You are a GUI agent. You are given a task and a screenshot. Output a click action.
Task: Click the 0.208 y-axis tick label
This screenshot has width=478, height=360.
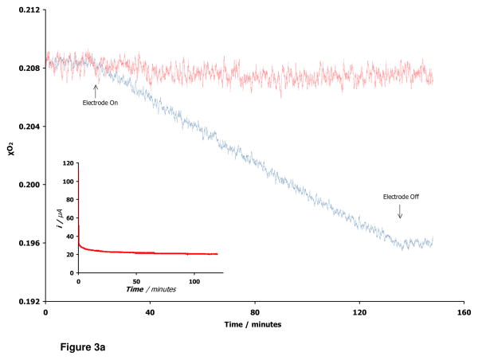point(28,68)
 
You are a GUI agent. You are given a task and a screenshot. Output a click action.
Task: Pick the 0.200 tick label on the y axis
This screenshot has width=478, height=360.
point(28,185)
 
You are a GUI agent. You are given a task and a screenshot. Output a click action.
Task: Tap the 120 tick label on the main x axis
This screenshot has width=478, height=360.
point(358,313)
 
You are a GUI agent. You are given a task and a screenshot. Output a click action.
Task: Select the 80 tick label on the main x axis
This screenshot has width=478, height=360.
point(255,313)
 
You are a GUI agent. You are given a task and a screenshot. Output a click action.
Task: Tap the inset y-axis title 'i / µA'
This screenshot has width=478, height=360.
point(61,217)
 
